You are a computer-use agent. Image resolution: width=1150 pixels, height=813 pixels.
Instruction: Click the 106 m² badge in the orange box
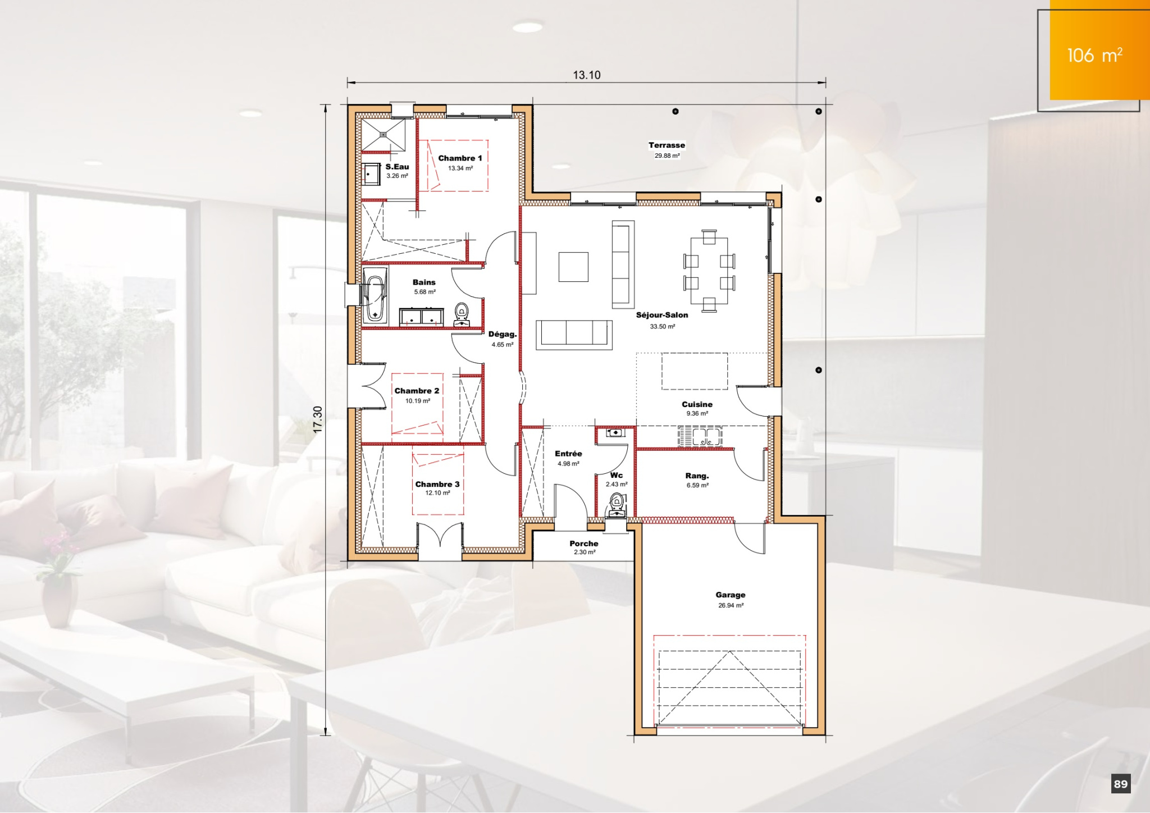[1094, 55]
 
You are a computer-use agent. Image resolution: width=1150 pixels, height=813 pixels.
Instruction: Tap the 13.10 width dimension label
[587, 75]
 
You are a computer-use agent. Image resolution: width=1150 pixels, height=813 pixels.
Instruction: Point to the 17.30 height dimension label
[318, 419]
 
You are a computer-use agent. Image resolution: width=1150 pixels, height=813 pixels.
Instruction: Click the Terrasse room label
[667, 145]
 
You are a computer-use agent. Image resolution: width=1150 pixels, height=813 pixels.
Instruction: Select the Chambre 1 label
[460, 158]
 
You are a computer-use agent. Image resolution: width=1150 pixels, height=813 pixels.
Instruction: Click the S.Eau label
[397, 167]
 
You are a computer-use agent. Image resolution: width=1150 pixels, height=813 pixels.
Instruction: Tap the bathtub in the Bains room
[375, 295]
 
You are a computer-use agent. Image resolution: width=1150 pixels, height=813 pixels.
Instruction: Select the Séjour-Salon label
[662, 315]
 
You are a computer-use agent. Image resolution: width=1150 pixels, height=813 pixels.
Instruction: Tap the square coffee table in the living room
[573, 267]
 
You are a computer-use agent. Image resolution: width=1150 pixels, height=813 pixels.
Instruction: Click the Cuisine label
[697, 404]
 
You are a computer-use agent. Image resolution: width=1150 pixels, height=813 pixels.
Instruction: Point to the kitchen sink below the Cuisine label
[700, 436]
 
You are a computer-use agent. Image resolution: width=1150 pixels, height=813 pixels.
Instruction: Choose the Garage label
[731, 595]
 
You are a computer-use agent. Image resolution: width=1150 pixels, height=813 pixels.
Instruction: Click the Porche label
[584, 543]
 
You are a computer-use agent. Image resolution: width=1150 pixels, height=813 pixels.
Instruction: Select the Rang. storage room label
[697, 476]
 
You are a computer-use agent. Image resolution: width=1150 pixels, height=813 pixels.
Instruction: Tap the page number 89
[1121, 784]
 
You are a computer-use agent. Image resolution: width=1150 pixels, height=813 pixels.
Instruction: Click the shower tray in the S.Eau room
[383, 135]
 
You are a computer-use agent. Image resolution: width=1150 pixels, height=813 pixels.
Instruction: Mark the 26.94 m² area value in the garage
[731, 605]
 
